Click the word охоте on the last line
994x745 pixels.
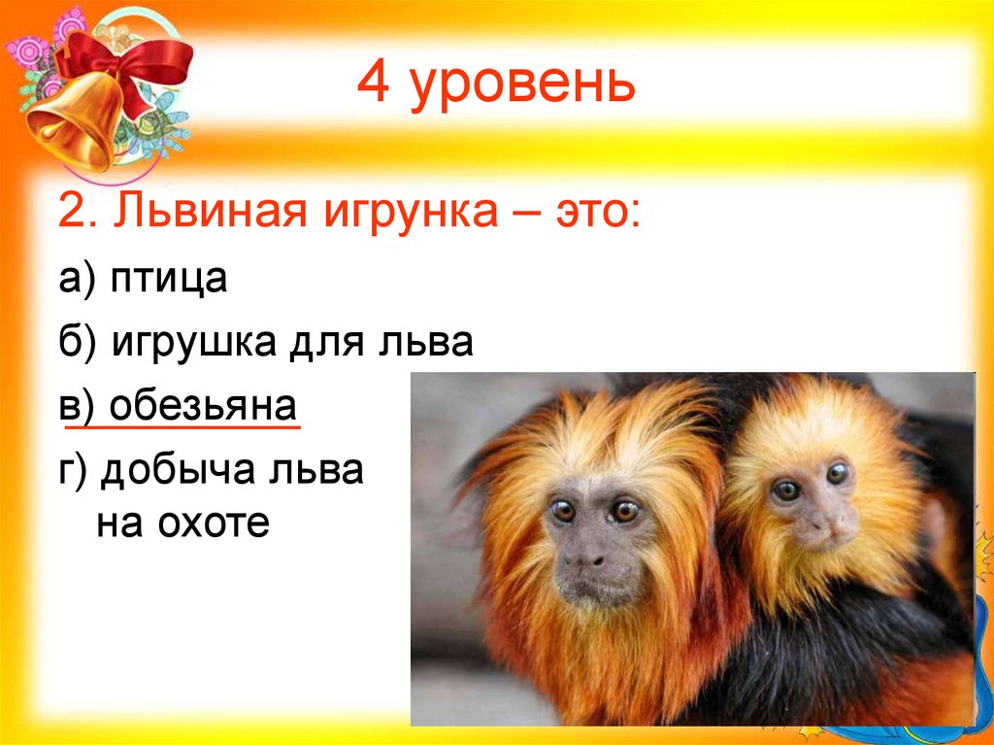(211, 525)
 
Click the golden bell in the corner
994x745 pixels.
(73, 126)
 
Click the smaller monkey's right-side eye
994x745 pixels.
(837, 474)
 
